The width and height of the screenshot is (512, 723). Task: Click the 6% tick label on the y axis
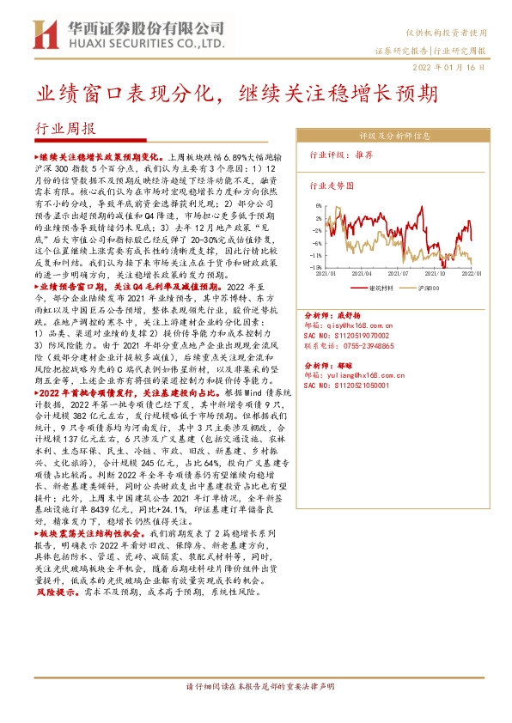(x=319, y=206)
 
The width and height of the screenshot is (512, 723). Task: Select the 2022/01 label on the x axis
(x=470, y=273)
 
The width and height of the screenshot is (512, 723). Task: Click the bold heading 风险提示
(x=58, y=592)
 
